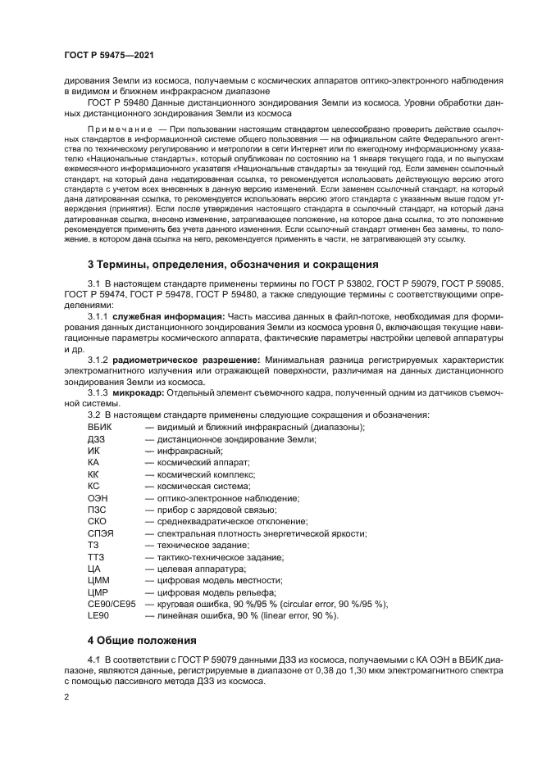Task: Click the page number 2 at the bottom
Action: click(66, 696)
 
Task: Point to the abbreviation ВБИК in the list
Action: click(100, 428)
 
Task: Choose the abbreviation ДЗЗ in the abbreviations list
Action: click(96, 439)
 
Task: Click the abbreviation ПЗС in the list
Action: click(97, 510)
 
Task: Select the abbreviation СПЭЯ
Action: click(100, 533)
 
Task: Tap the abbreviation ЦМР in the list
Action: click(98, 592)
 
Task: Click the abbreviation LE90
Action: click(98, 615)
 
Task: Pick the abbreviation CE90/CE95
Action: click(112, 604)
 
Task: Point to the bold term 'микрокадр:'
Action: click(138, 392)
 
